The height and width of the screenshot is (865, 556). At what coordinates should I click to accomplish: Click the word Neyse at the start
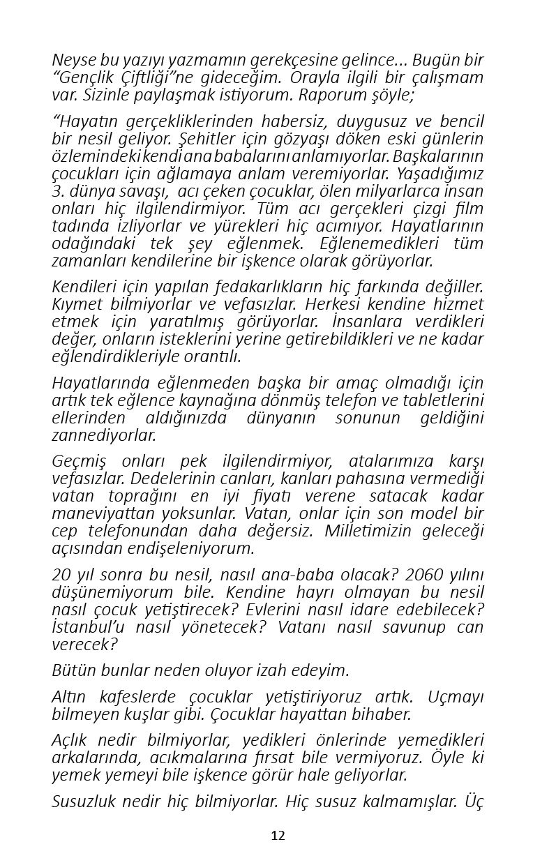(x=71, y=61)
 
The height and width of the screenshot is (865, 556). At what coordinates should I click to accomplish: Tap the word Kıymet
(x=74, y=304)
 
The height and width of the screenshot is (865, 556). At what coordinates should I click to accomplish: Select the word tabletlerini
(x=439, y=400)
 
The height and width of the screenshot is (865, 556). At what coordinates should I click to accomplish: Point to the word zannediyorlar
(x=104, y=435)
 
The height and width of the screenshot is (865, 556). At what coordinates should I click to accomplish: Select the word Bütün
(x=72, y=670)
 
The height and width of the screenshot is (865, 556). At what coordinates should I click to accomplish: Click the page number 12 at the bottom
(x=278, y=836)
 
